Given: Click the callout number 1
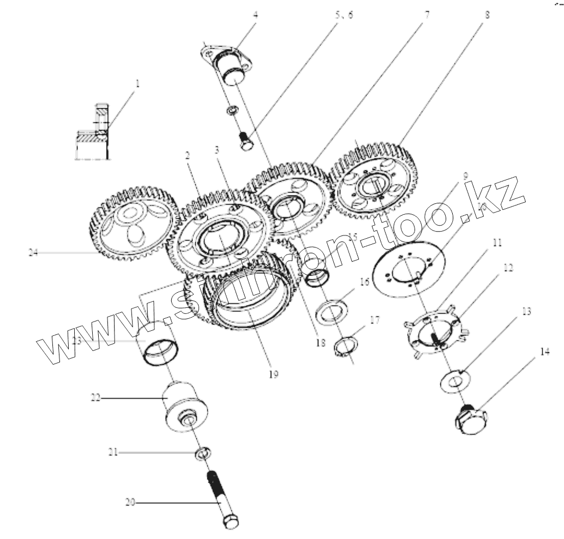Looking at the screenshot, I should tap(138, 84).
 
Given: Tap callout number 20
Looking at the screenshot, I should tap(130, 503).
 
